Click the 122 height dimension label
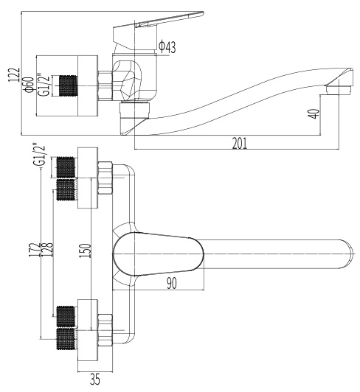(x=14, y=74)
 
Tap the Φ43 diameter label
(x=167, y=46)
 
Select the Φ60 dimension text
(x=30, y=85)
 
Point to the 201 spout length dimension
(x=239, y=143)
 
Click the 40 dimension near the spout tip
(x=315, y=113)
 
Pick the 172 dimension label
(x=37, y=250)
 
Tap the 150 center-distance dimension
(x=85, y=251)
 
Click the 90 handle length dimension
(x=171, y=283)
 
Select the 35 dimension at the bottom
(x=95, y=379)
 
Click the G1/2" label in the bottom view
(x=41, y=154)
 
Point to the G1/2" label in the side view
(x=43, y=85)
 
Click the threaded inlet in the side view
(x=68, y=85)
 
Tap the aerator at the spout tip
(x=339, y=90)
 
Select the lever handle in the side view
(x=158, y=31)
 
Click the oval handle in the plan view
(x=158, y=253)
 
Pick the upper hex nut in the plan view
(x=105, y=178)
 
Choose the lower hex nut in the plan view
(x=105, y=330)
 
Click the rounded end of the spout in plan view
(x=349, y=254)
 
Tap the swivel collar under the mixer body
(x=134, y=109)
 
